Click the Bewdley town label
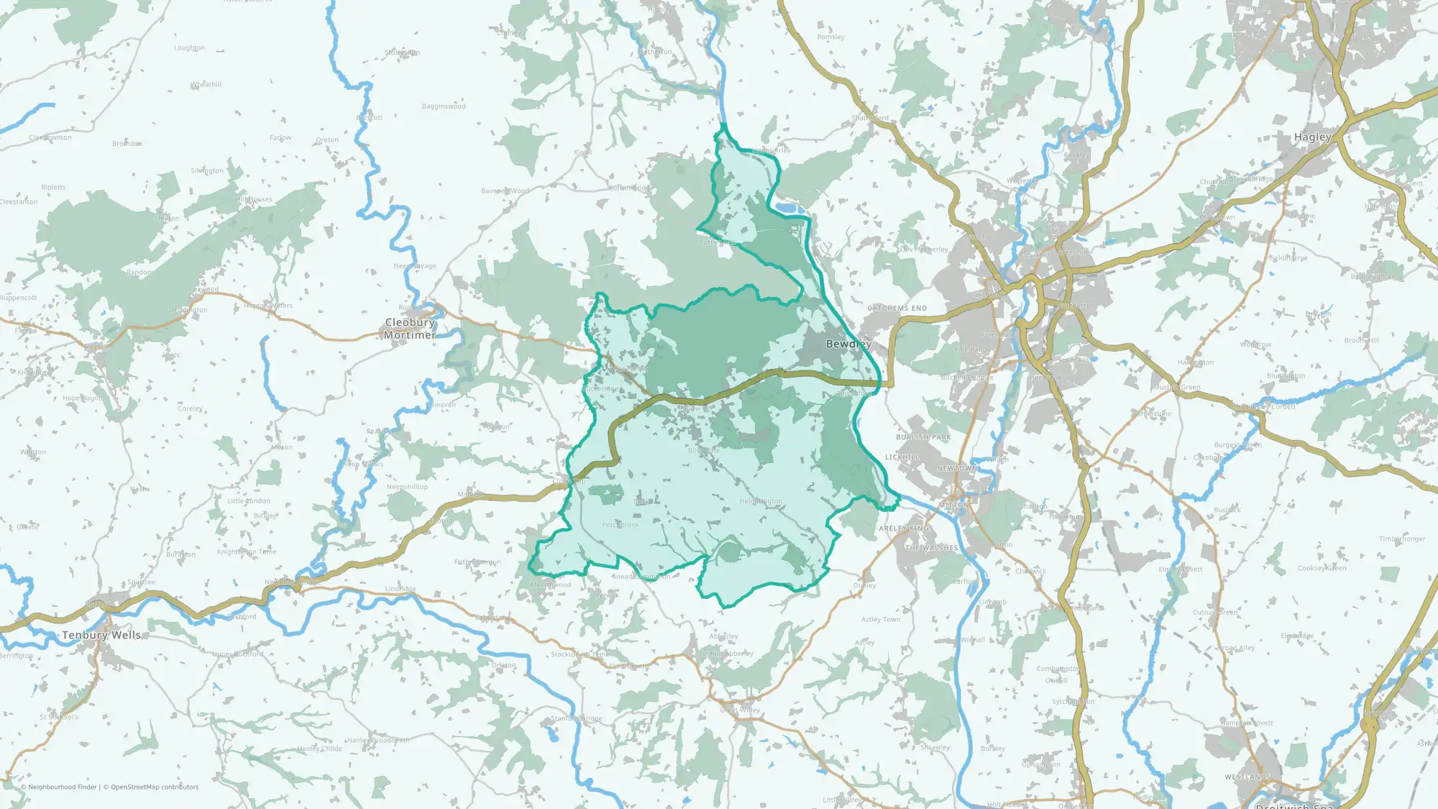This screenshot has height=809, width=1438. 848,344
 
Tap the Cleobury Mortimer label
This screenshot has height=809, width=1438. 410,329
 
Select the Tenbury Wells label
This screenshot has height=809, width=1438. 101,635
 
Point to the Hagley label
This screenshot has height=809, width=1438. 1312,137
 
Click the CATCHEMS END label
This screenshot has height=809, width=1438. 897,308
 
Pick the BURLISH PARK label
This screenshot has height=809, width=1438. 923,437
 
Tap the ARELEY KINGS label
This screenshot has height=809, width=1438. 906,529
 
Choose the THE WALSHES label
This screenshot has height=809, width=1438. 931,548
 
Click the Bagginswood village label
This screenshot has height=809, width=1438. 444,106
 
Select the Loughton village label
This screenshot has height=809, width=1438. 189,48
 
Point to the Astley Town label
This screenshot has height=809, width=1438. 881,619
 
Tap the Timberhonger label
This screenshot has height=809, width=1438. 1402,539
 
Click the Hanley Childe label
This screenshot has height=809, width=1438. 321,749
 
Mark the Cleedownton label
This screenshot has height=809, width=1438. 50,137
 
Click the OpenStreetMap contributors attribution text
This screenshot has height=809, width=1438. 155,787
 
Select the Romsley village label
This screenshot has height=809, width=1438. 830,37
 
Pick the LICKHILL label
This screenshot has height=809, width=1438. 902,457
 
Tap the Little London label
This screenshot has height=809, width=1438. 249,501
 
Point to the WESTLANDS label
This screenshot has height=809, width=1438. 1247,777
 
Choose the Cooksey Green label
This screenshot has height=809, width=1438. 1322,568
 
